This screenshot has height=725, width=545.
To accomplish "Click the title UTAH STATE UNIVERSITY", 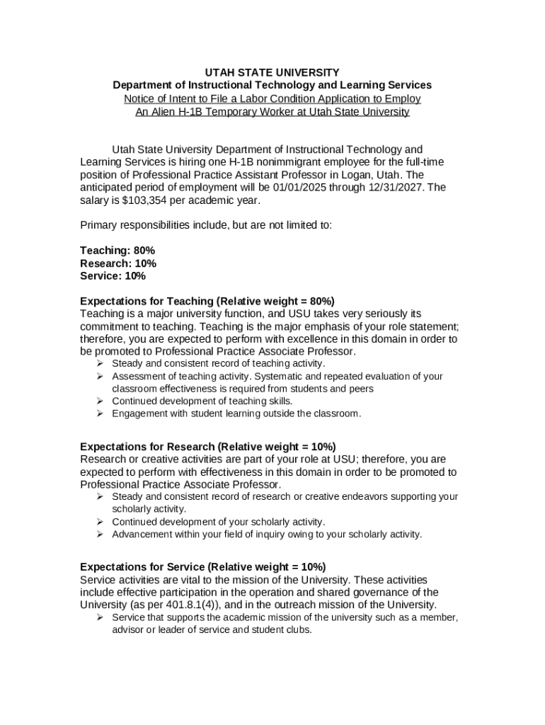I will click(x=272, y=72).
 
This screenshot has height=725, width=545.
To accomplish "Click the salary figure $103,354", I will click(x=147, y=200).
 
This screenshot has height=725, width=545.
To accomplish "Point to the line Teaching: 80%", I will click(x=117, y=251).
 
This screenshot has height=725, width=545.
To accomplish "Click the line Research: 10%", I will click(x=118, y=263).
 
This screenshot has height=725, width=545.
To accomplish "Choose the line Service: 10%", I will click(x=113, y=276).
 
